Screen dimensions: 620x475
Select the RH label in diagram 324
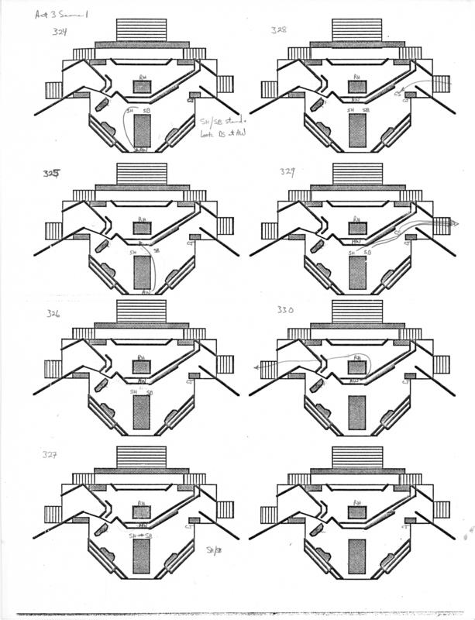tap(141, 78)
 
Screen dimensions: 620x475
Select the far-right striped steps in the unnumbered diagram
tap(442, 508)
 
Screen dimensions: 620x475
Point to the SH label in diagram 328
tap(351, 111)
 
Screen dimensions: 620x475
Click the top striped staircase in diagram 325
tap(142, 172)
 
